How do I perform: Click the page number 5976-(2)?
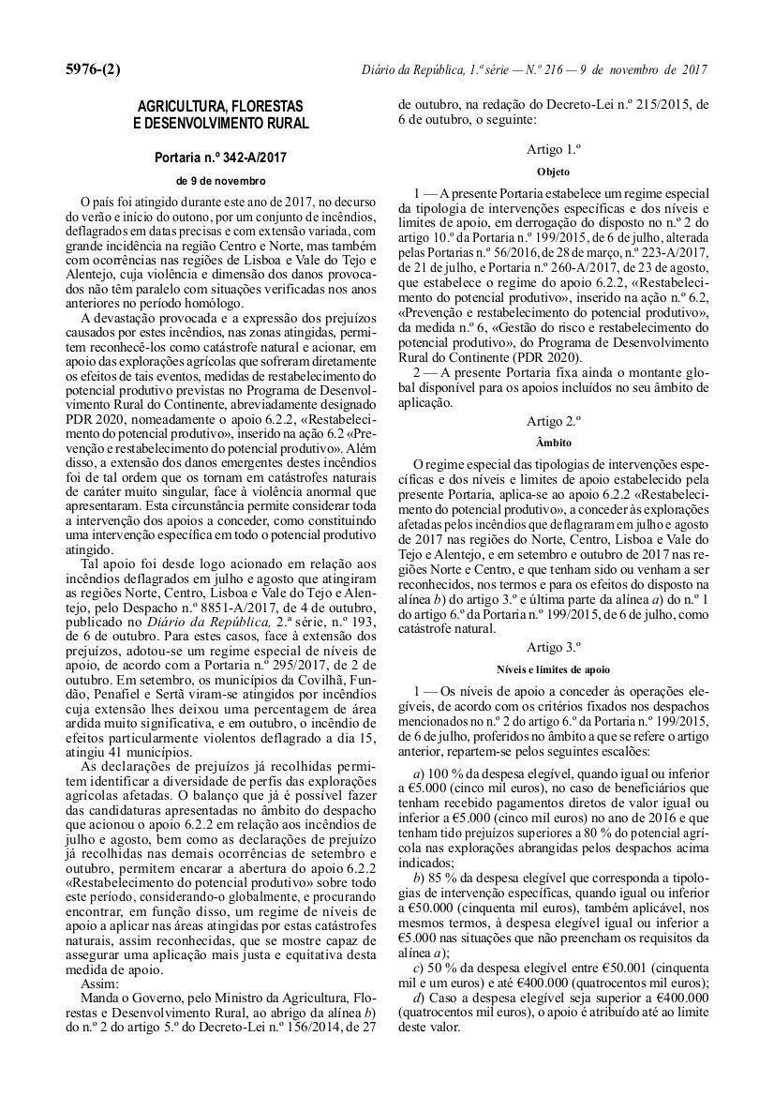(93, 70)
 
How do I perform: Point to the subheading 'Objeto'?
(553, 173)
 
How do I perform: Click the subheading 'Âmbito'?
(553, 442)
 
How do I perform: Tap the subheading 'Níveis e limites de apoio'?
(553, 669)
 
